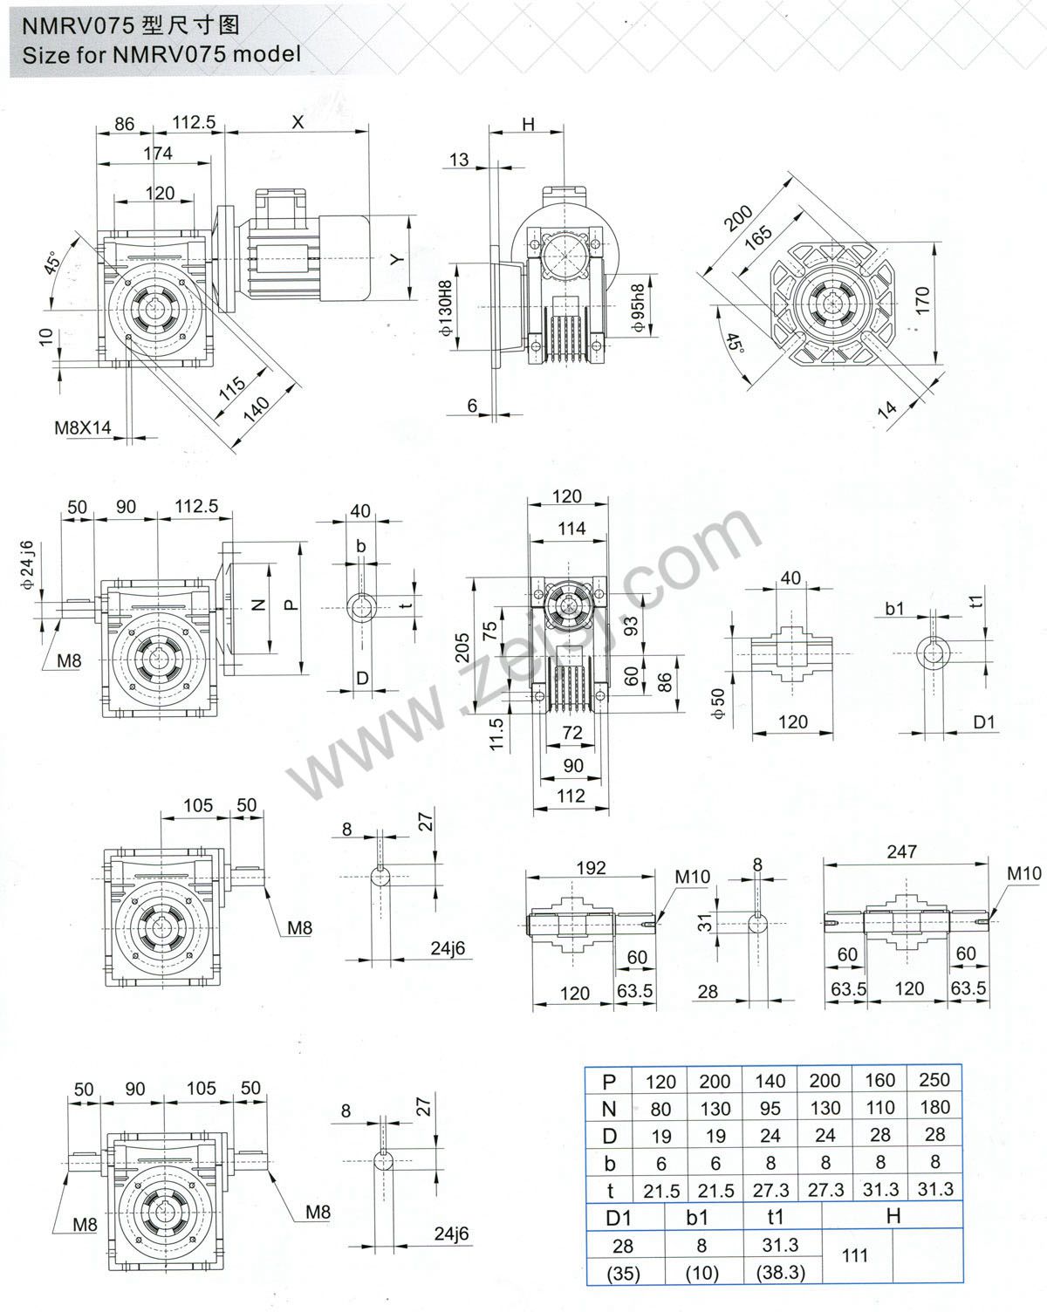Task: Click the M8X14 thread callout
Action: pos(83,427)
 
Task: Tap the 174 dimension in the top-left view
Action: pos(158,154)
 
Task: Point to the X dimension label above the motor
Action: pos(298,122)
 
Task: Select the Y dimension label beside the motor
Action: pos(396,259)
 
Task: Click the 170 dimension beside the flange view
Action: pos(924,300)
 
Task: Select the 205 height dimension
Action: pos(463,648)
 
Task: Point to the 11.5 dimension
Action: pos(497,735)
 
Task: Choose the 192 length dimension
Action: pos(591,868)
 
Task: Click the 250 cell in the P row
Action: pos(934,1079)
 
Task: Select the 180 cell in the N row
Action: pos(934,1107)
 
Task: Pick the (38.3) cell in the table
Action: pos(781,1272)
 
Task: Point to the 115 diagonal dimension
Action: pos(231,389)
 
